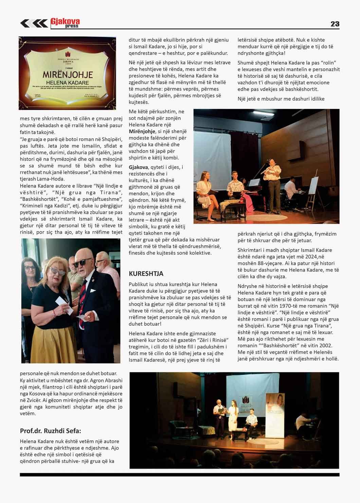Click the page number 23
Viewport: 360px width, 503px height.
335,24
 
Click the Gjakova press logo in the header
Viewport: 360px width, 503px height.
65,23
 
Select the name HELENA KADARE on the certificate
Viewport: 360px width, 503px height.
68,82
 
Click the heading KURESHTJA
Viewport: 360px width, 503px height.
146,274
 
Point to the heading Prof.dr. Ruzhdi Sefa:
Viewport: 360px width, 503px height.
51,431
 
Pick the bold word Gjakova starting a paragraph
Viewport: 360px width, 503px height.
138,167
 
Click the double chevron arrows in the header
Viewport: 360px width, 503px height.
34,23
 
